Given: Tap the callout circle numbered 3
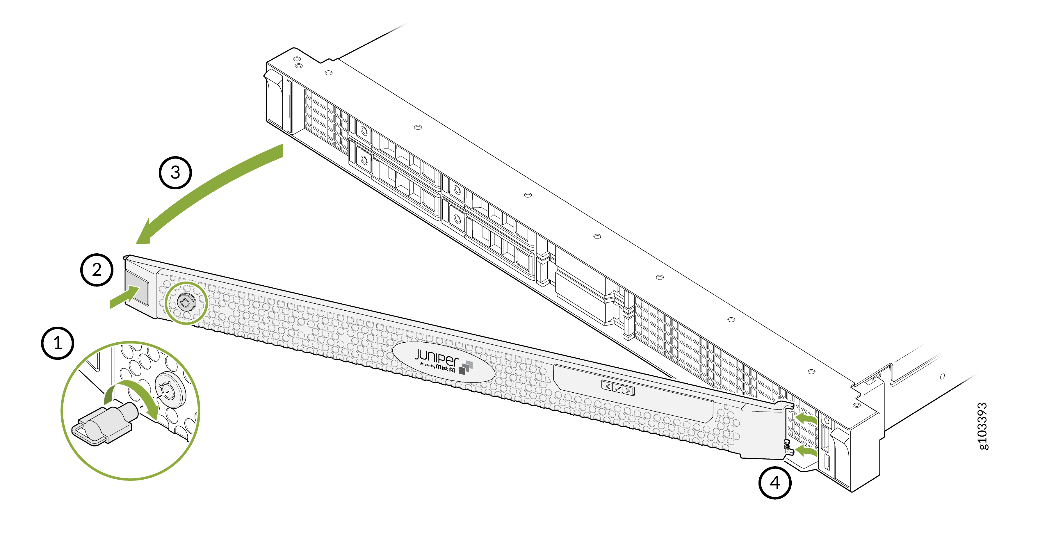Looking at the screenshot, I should point(175,172).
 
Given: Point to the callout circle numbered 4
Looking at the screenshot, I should point(775,483).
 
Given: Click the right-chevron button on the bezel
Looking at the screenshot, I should point(628,391).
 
